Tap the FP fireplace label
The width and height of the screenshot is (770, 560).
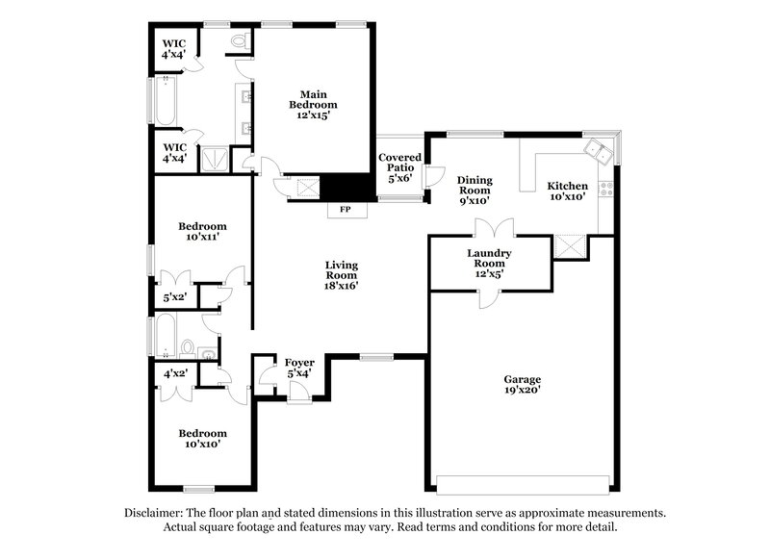point(344,207)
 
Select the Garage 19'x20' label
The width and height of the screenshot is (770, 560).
point(522,385)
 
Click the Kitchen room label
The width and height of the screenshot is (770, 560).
point(567,191)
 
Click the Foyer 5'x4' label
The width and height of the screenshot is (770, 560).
point(299,368)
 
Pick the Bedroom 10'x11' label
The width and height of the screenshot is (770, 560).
point(202,232)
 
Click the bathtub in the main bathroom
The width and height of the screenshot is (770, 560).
point(164,101)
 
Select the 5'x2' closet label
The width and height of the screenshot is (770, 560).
point(175,298)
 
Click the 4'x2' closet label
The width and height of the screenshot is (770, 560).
point(175,373)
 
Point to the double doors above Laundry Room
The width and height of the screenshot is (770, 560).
point(497,229)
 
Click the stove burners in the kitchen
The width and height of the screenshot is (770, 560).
point(606,189)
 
